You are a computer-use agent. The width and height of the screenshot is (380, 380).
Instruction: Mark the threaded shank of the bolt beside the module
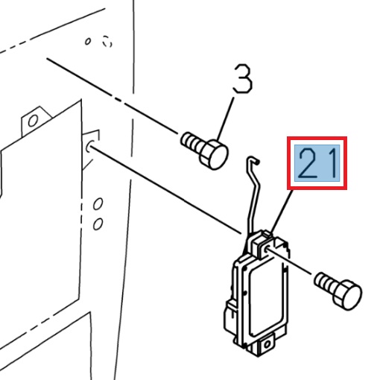click(x=326, y=283)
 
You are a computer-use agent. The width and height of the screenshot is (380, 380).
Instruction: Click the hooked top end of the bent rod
click(x=253, y=159)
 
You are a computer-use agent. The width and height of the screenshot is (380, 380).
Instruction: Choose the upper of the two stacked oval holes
click(x=98, y=204)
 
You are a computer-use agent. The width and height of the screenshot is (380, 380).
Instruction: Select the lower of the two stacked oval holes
click(x=98, y=222)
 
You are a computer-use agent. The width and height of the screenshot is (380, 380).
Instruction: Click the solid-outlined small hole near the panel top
click(x=88, y=42)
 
